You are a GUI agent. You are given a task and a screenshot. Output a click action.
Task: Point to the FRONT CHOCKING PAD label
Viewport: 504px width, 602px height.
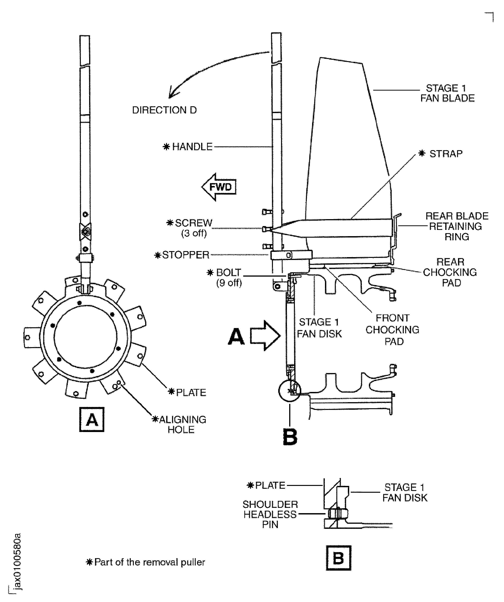click(392, 330)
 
